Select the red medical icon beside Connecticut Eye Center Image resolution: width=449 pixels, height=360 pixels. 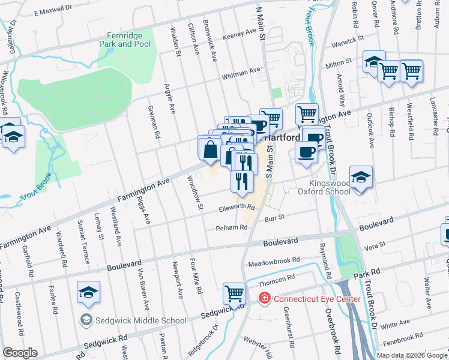(263, 298)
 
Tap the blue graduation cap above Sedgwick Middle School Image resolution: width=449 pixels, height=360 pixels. (88, 293)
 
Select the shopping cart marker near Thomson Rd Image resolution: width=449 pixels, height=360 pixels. (234, 293)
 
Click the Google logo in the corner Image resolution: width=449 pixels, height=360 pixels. (20, 353)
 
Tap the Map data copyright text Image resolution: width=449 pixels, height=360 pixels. (412, 355)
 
